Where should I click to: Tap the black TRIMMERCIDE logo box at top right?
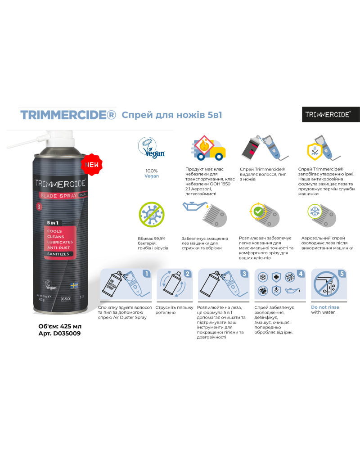(331, 114)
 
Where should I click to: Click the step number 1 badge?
(146, 273)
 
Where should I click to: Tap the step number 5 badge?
(342, 273)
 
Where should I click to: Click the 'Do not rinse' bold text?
(325, 307)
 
